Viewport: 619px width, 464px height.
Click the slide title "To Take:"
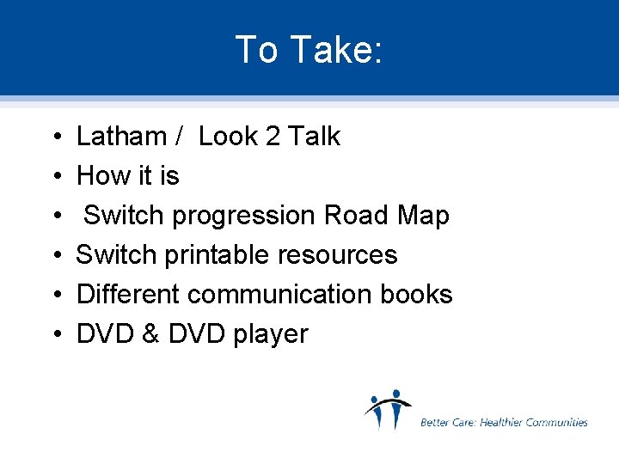pos(309,50)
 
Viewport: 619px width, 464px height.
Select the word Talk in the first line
pos(315,137)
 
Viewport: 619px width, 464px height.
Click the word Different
pos(128,295)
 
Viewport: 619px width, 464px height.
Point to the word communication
pos(281,295)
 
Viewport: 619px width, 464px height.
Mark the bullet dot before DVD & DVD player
pos(54,335)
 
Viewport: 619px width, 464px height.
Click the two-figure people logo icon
pos(387,410)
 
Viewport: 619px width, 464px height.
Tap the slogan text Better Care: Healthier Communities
pos(504,422)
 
